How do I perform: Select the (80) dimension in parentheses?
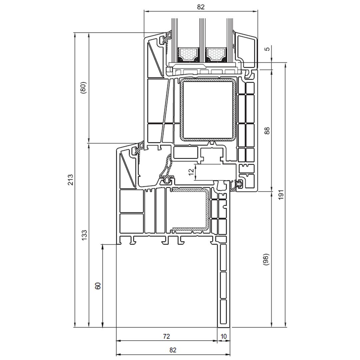[84, 87]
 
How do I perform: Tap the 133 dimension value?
[84, 235]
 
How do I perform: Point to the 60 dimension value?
[98, 286]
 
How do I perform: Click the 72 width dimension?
[166, 336]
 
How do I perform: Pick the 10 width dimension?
[224, 336]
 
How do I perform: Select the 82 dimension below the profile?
[173, 350]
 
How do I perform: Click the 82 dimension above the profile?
[200, 6]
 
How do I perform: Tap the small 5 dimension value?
[267, 49]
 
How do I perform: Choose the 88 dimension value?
[267, 130]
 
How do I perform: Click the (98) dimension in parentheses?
[266, 259]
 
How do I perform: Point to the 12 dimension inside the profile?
[191, 172]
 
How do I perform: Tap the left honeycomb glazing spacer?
[188, 54]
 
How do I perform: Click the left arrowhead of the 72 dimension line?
[118, 341]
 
